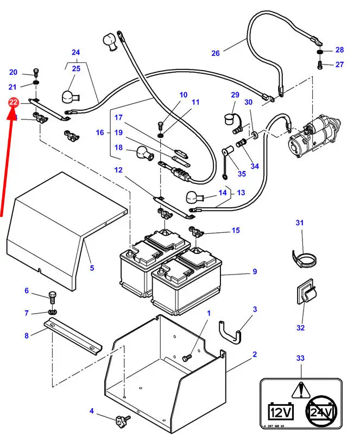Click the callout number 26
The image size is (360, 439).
tap(216, 53)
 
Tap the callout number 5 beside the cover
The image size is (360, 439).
tap(92, 268)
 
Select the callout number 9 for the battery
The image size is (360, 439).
tap(255, 272)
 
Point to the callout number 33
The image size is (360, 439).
tap(301, 358)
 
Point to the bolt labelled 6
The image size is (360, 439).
tap(52, 297)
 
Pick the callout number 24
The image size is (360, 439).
tap(75, 53)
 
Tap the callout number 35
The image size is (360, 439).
tap(242, 174)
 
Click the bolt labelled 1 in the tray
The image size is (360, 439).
tap(188, 358)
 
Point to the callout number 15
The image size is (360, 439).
tap(235, 231)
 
